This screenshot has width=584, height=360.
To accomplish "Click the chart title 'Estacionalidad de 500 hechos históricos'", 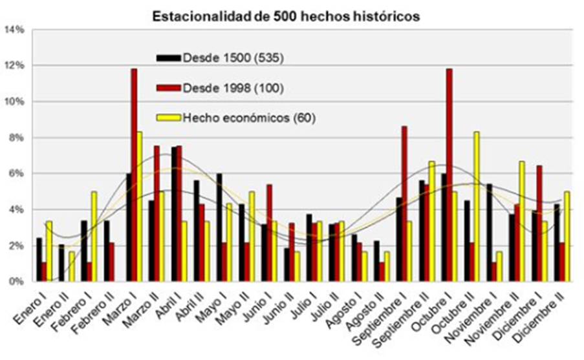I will (286, 16).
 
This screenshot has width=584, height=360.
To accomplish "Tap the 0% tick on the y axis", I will (16, 282).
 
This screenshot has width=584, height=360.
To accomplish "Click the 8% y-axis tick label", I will (16, 138).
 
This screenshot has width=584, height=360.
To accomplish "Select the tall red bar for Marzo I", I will (135, 175).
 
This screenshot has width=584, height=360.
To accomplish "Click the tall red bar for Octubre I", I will (449, 175).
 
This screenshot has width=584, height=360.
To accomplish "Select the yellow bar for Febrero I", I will (94, 237).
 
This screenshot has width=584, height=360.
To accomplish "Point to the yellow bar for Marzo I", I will (140, 207).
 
